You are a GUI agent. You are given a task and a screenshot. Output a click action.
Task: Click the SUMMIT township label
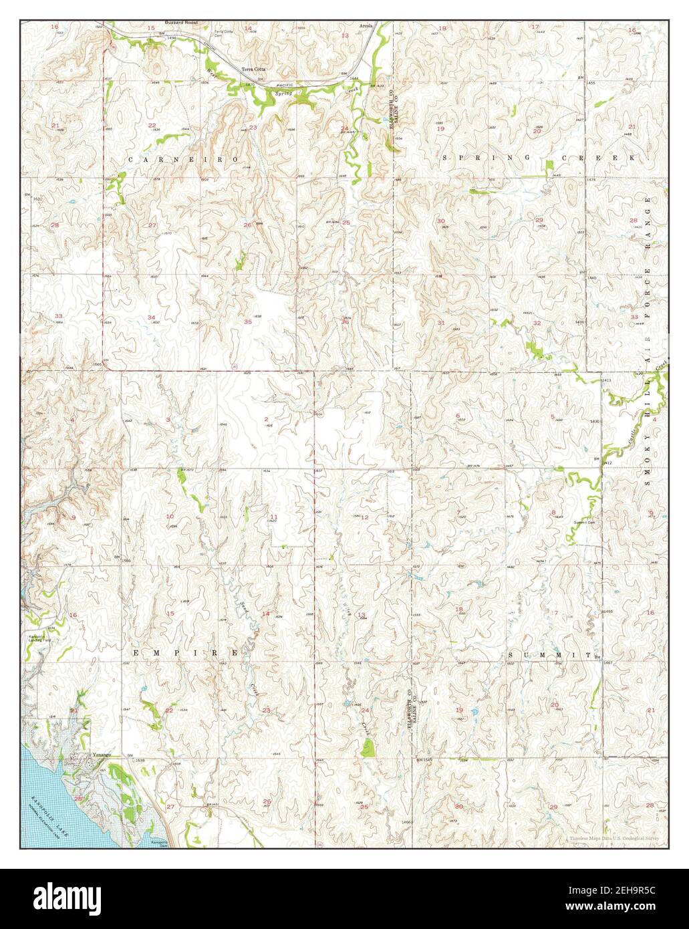[x=550, y=656]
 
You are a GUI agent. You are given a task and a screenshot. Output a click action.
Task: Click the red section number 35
[x=248, y=322]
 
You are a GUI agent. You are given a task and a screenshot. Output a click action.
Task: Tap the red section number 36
[x=345, y=321]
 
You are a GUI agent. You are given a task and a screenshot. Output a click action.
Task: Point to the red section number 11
[x=274, y=517]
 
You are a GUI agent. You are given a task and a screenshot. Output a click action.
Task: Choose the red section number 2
[x=266, y=419]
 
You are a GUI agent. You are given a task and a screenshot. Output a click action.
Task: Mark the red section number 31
[x=441, y=323]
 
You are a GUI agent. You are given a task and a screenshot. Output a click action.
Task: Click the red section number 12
[x=365, y=517]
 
